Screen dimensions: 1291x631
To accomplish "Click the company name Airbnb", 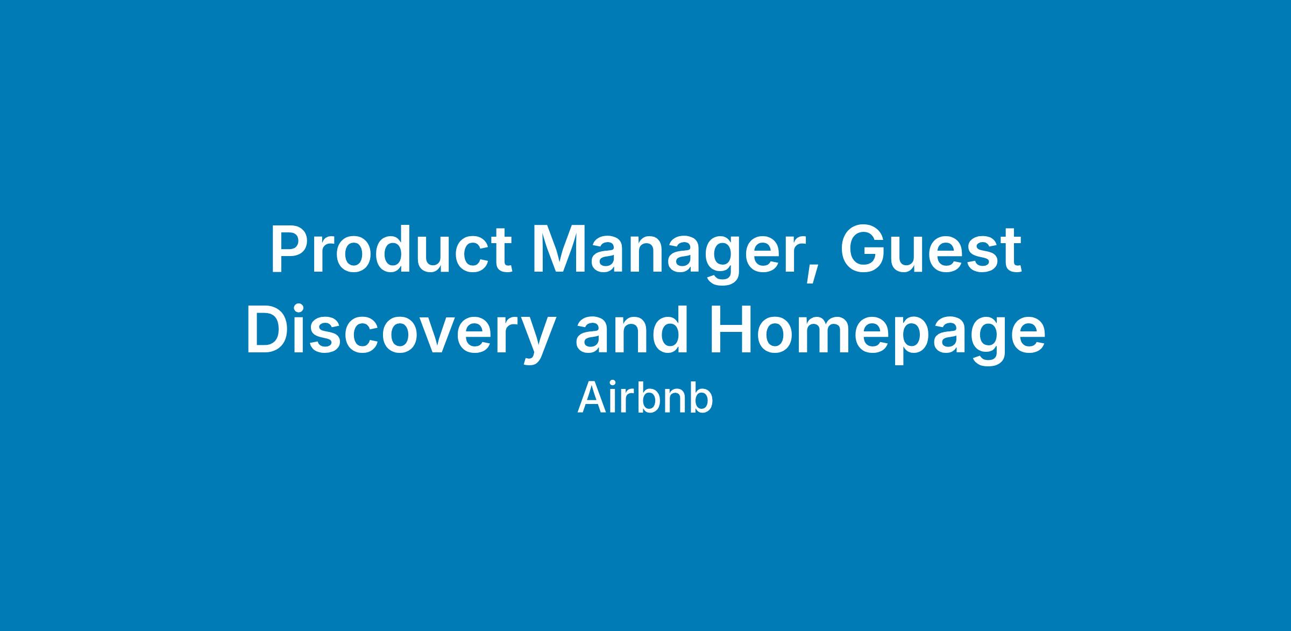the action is click(645, 399).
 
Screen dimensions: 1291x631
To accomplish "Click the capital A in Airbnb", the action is click(591, 399).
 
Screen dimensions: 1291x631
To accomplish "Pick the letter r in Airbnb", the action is click(628, 403).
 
